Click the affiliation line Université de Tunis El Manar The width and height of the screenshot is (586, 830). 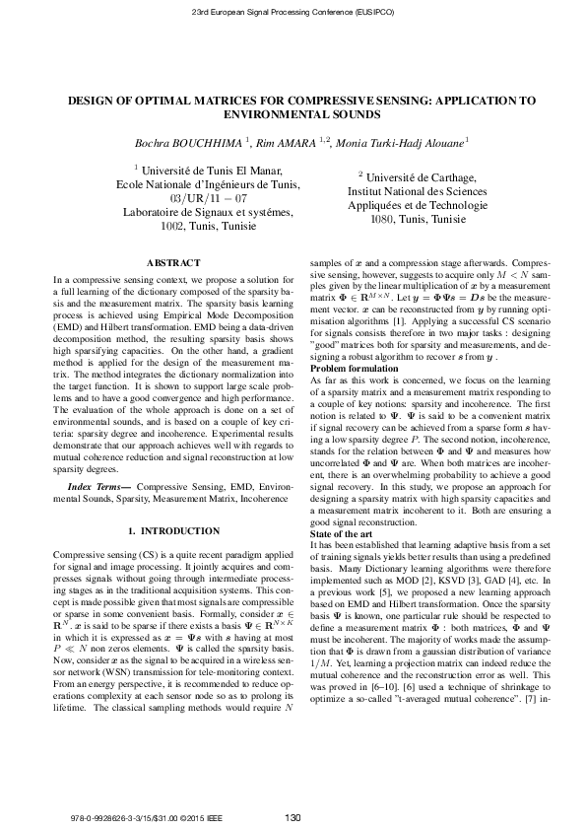pos(197,171)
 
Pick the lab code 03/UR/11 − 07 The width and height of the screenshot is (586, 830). pos(191,198)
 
